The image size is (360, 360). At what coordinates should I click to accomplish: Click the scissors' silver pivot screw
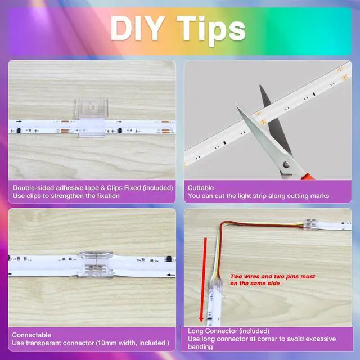tap(286, 164)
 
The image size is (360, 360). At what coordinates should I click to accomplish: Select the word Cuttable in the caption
tap(201, 188)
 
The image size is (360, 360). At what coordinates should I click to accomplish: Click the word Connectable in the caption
tap(31, 335)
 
